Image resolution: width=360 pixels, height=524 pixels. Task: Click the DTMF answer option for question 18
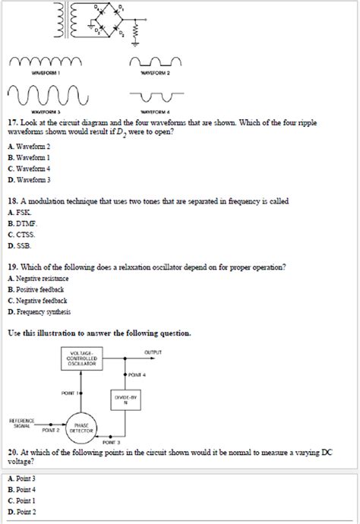(23, 226)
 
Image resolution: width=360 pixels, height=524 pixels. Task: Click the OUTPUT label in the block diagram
(153, 352)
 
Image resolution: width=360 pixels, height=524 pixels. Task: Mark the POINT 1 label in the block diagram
(72, 393)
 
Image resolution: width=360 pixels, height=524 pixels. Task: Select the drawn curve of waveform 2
(156, 62)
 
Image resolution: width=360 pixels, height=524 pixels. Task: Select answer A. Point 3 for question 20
(22, 479)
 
